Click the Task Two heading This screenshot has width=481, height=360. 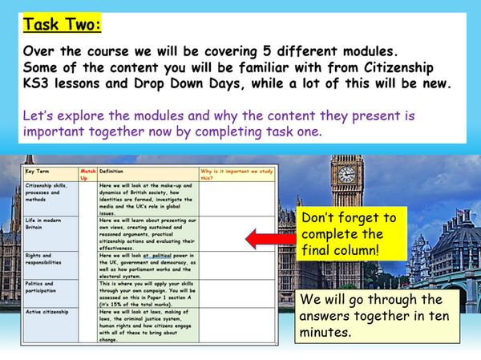(x=63, y=25)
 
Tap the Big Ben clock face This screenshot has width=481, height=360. (x=346, y=173)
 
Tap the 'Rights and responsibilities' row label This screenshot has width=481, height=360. (x=45, y=260)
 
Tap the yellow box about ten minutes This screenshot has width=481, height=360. (x=379, y=314)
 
